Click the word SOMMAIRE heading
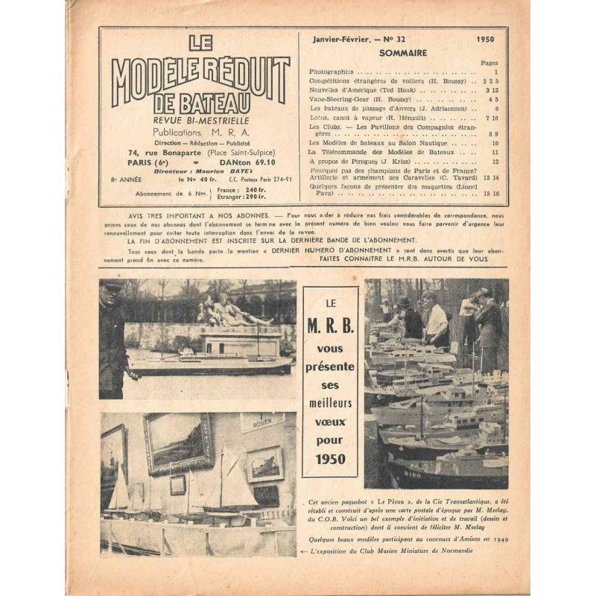pos(403,54)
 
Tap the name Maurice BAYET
pos(221,170)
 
